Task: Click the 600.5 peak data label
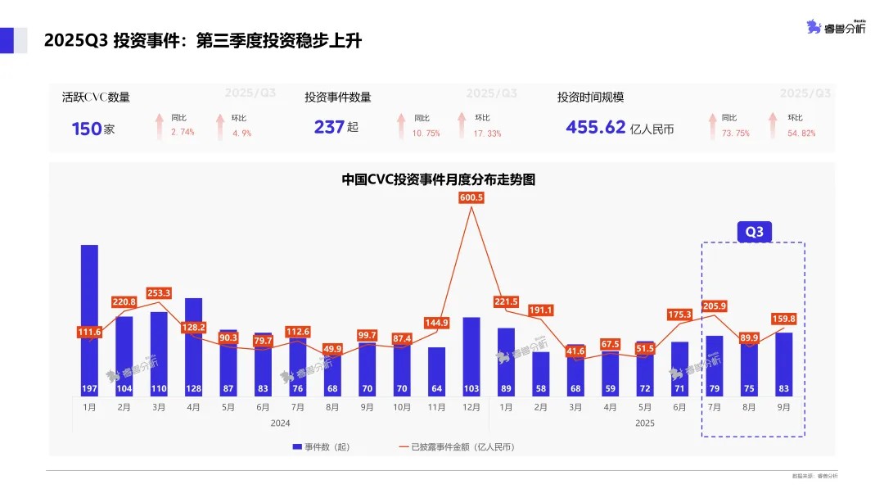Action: click(x=471, y=197)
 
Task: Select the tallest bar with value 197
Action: click(x=89, y=319)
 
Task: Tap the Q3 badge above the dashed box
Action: click(x=754, y=232)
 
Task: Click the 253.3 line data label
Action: click(x=159, y=293)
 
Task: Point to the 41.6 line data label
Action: click(x=575, y=351)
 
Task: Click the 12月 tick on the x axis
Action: click(x=471, y=407)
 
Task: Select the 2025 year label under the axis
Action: click(x=644, y=423)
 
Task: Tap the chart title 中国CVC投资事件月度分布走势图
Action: click(x=438, y=179)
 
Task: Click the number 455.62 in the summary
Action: click(x=595, y=128)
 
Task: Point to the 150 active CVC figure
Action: click(x=86, y=129)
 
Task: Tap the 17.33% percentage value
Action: click(x=488, y=134)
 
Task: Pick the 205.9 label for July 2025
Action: click(x=714, y=305)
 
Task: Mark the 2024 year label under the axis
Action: click(x=280, y=423)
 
